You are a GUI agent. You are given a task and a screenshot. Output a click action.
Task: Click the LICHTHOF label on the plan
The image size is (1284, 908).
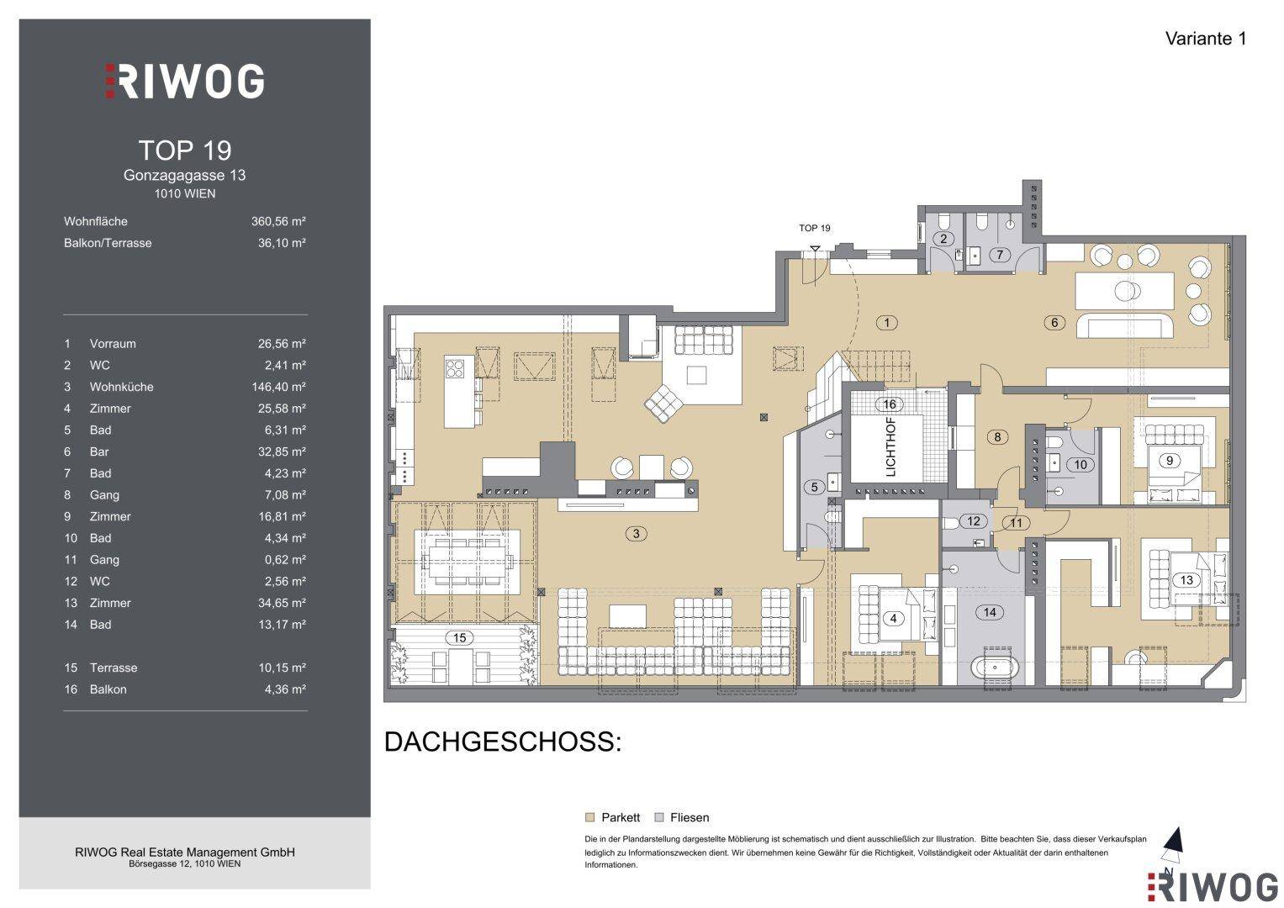coord(890,447)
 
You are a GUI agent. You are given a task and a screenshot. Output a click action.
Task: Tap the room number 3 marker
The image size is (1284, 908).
coord(637,534)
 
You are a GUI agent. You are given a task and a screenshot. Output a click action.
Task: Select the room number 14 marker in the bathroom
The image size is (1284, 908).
coord(990,612)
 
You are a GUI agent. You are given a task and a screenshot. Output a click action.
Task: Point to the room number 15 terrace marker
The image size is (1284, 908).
coord(459,637)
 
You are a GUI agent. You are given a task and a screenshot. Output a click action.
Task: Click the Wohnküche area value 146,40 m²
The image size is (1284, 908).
coord(278,387)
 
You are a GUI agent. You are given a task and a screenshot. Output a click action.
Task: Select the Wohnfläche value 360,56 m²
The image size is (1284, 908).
coord(278,221)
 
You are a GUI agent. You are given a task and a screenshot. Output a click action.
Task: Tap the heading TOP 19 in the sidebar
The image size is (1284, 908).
coord(185,150)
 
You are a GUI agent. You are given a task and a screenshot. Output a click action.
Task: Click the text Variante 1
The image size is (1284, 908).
coord(1206,39)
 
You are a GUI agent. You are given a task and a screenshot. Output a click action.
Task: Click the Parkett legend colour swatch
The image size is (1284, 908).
coord(589,817)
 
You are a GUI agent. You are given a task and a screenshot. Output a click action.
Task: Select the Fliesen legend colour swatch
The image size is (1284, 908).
coord(659,817)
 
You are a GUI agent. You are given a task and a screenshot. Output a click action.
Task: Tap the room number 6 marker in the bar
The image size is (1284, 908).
coord(1054,323)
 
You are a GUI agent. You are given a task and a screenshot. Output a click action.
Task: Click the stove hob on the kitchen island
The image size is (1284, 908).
coord(455,367)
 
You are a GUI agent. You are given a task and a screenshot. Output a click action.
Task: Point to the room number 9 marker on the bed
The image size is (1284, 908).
coord(1170,461)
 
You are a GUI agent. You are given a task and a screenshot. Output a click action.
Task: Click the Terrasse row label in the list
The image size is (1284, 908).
coord(114,668)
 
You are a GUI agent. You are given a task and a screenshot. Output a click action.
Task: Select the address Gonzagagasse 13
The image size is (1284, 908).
coord(185,175)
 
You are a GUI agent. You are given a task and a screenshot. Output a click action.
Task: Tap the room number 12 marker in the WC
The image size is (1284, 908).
coord(974,521)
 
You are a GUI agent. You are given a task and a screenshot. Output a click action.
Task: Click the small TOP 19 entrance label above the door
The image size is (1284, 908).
coord(815,228)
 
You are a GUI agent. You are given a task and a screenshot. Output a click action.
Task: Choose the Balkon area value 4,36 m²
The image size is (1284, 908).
coord(285,689)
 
